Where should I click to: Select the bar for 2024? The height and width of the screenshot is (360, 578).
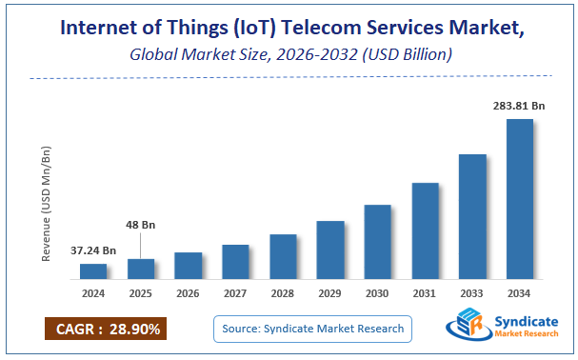tap(92, 271)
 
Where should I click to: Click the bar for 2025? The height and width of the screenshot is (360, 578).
tap(140, 269)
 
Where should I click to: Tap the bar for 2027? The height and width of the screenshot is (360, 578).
tap(235, 262)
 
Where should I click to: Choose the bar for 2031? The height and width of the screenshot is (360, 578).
tap(425, 230)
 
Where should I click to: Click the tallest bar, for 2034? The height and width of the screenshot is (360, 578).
tap(519, 199)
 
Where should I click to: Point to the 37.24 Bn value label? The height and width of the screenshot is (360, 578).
tap(93, 250)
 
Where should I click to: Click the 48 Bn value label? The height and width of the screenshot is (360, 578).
tap(140, 225)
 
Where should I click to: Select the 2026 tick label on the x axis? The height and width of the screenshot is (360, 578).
tap(188, 294)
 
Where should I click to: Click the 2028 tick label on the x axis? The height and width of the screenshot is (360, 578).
tap(283, 294)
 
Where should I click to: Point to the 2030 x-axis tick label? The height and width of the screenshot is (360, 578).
tap(377, 294)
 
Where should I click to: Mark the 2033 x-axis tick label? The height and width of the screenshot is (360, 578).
tap(472, 294)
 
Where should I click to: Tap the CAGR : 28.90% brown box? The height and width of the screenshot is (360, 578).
tap(105, 329)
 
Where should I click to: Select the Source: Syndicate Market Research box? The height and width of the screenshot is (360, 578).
tap(312, 329)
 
